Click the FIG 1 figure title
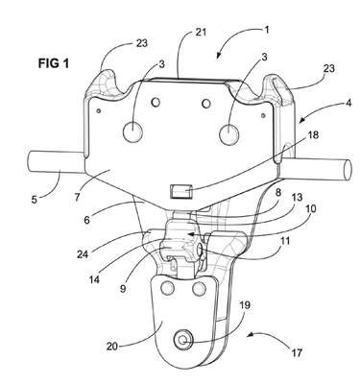click(x=54, y=63)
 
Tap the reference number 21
click(x=201, y=33)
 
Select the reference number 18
click(x=313, y=135)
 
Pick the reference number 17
click(x=296, y=352)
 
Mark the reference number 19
click(x=245, y=305)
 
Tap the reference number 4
click(x=348, y=103)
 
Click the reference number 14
click(x=94, y=279)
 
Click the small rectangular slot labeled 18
click(x=181, y=192)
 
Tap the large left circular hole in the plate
click(x=132, y=132)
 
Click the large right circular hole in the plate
click(x=229, y=133)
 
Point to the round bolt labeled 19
click(x=183, y=341)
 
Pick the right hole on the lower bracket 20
click(x=199, y=289)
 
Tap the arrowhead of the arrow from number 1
click(x=219, y=56)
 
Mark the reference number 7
click(x=77, y=196)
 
